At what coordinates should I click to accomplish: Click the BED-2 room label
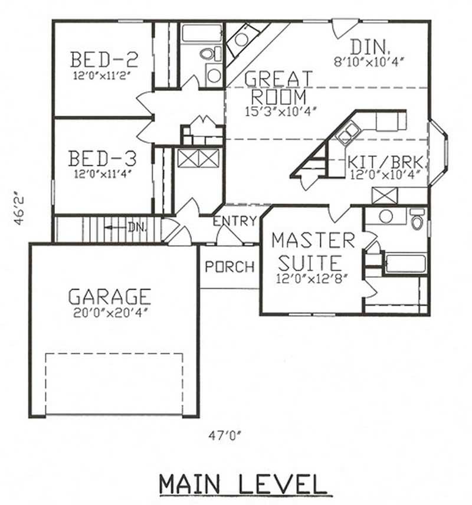pos(104,60)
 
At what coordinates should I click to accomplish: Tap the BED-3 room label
pos(103,159)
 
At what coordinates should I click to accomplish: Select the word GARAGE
pos(110,296)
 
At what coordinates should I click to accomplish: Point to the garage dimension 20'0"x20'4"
pos(110,313)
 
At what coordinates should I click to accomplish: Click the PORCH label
pos(230,267)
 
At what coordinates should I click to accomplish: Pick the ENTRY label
pos(235,222)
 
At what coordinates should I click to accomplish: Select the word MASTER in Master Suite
pos(313,241)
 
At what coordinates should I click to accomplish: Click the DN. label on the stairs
pos(136,227)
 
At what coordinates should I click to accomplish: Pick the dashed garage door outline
pos(114,383)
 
